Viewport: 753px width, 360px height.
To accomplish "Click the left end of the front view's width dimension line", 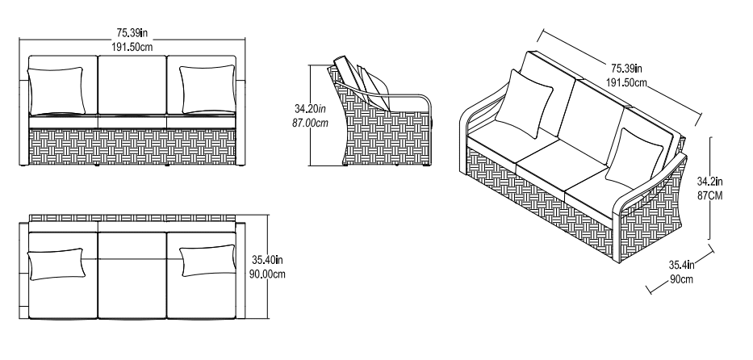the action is tap(19, 40).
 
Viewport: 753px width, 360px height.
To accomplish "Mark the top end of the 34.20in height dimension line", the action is tap(312, 65).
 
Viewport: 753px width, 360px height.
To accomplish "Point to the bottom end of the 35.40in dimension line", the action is tap(268, 318).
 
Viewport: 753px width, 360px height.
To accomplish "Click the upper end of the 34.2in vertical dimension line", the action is tap(709, 138).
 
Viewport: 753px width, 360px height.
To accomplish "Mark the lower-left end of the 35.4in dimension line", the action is tap(648, 290).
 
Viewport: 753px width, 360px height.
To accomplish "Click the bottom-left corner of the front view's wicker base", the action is tap(29, 165).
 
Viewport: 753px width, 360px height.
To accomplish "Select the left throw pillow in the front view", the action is tap(56, 90).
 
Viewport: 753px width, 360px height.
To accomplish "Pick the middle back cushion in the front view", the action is tap(132, 85).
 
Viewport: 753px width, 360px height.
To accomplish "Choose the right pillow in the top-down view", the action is tap(208, 261).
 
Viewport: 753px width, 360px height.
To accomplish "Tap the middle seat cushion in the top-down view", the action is tap(132, 275).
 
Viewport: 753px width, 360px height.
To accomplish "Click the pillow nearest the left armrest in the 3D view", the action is tap(524, 103).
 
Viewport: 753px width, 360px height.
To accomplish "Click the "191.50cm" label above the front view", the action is tap(132, 47).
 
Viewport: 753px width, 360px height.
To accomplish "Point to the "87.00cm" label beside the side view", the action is tap(310, 123).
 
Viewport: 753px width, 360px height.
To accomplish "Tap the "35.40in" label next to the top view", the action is tap(267, 260).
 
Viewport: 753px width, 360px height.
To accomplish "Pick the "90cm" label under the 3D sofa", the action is tap(681, 279).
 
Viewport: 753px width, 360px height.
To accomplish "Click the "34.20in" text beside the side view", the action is tap(310, 109).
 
